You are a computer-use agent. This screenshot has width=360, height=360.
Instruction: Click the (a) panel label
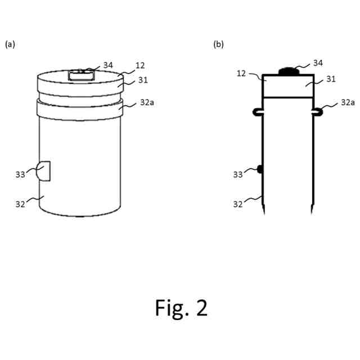click(x=10, y=44)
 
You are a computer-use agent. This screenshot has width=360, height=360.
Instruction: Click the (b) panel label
click(x=219, y=44)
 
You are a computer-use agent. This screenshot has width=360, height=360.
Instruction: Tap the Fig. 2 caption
click(x=181, y=308)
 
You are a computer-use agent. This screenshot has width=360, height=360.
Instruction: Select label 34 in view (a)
click(x=109, y=65)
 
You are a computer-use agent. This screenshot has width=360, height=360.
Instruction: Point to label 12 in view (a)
click(x=140, y=66)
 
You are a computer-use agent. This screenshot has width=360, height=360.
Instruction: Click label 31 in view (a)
click(x=143, y=80)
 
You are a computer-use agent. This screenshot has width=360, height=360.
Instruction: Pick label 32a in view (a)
click(x=147, y=103)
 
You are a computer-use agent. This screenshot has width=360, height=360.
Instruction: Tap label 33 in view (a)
click(x=20, y=174)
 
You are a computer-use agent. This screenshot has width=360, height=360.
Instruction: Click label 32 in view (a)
click(x=20, y=204)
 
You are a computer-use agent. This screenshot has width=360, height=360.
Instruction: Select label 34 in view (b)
click(x=318, y=63)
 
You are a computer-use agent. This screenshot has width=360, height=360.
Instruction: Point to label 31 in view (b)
click(x=331, y=79)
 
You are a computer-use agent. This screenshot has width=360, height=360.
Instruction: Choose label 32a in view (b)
click(x=348, y=102)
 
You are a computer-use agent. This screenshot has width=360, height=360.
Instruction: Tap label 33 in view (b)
click(x=238, y=174)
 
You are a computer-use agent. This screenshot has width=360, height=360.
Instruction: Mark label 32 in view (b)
click(x=238, y=204)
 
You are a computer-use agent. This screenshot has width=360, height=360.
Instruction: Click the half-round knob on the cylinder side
click(x=44, y=171)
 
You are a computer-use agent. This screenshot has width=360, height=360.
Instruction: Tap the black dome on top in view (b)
click(x=288, y=71)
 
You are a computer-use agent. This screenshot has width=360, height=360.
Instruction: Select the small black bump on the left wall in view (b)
click(x=260, y=168)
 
